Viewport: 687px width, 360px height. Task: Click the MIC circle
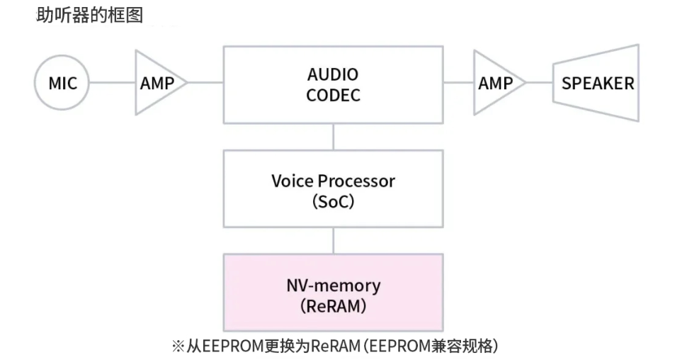click(x=62, y=83)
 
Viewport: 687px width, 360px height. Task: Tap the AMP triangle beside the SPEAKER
click(x=495, y=83)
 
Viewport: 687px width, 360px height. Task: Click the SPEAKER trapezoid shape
click(x=597, y=83)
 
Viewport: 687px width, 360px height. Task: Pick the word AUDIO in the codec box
click(x=333, y=74)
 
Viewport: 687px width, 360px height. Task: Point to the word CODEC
click(x=333, y=95)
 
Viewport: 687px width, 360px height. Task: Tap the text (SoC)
click(x=333, y=202)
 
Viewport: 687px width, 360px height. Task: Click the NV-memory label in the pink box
click(x=333, y=286)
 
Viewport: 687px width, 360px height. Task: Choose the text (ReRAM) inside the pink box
click(x=333, y=307)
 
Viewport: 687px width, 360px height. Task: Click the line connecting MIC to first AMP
click(x=113, y=83)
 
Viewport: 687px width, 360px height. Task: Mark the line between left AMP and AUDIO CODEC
click(x=205, y=83)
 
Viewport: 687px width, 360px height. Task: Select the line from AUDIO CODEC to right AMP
click(x=458, y=83)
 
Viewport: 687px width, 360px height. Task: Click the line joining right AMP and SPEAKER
click(x=539, y=83)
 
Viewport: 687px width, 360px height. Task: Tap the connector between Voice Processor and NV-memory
click(x=333, y=240)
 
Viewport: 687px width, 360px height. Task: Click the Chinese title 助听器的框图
click(x=89, y=14)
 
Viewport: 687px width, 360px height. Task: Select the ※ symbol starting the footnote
click(x=178, y=347)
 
